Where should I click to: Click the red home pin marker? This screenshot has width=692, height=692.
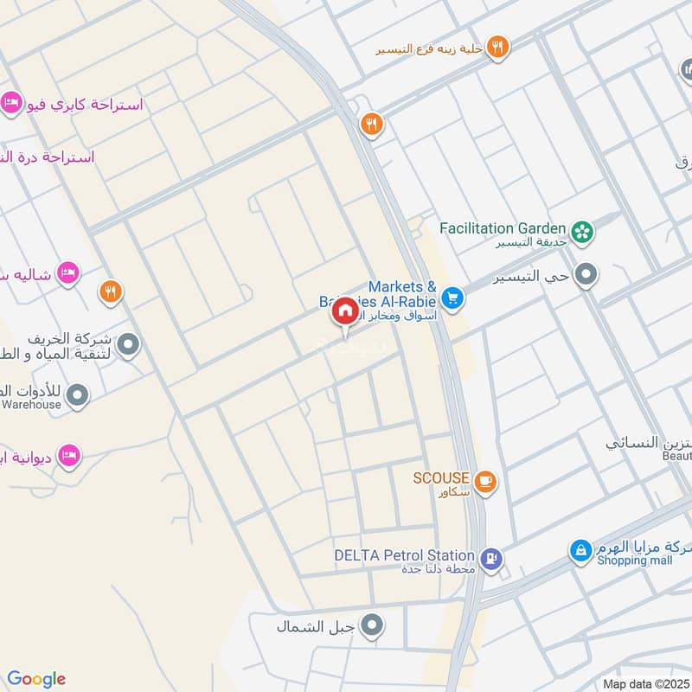[x=344, y=311]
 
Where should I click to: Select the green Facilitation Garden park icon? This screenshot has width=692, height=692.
[x=584, y=230]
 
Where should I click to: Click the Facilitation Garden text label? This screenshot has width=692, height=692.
[x=503, y=228]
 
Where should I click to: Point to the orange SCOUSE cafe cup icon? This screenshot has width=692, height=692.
[x=485, y=480]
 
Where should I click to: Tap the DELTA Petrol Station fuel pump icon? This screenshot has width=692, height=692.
[x=490, y=558]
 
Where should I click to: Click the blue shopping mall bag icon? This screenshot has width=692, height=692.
[x=580, y=549]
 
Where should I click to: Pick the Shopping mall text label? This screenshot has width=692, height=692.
[x=634, y=561]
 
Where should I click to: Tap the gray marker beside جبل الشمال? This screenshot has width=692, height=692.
[x=373, y=625]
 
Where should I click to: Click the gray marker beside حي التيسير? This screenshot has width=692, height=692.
[x=587, y=276]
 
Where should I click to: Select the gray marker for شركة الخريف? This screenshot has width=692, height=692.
[x=129, y=347]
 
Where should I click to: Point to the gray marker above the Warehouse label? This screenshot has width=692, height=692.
[x=78, y=396]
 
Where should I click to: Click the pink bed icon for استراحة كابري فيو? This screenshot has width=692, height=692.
[x=12, y=103]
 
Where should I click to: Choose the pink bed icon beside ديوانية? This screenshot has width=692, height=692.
[x=69, y=455]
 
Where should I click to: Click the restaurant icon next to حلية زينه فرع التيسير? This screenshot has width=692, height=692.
[x=497, y=47]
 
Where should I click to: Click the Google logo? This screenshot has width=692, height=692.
[x=36, y=679]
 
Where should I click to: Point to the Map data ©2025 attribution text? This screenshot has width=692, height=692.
[x=645, y=683]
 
